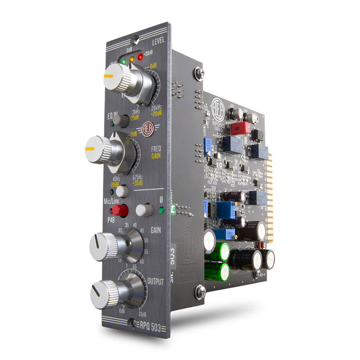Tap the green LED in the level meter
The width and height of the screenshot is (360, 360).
click(x=123, y=62)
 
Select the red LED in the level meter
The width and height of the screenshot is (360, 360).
click(x=140, y=57)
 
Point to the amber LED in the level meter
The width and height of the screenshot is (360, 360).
click(x=132, y=59)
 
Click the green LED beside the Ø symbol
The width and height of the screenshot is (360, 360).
click(x=161, y=210)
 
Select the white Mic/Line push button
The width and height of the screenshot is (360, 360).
click(x=122, y=191)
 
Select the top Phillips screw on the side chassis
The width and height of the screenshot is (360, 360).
click(x=199, y=74)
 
